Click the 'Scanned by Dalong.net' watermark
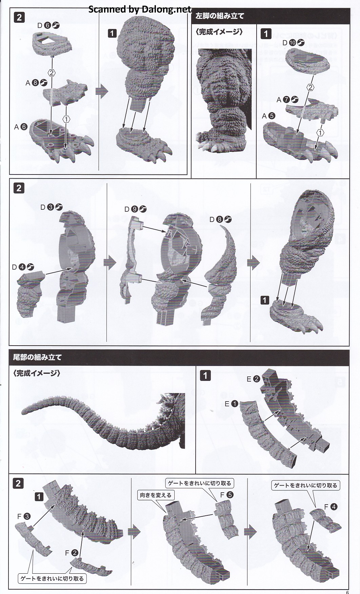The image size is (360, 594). pos(140,9)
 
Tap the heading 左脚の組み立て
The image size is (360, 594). pos(220,16)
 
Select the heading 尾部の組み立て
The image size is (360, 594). pos(37,357)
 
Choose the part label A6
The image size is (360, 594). pos(21,127)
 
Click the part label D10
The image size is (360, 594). pos(293,42)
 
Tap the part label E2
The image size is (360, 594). pos(253,379)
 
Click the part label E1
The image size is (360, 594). pos(232,404)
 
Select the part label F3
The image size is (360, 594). pos(23,516)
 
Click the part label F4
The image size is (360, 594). pos(331,507)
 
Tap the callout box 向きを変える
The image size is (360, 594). pos(156,495)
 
